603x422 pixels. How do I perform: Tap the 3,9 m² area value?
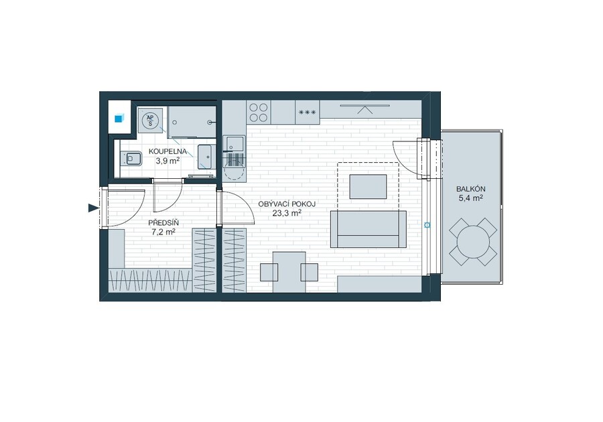click(167, 161)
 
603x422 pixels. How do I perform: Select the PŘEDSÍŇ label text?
click(163, 223)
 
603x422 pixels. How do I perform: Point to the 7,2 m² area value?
click(163, 232)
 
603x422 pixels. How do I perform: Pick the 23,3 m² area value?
click(287, 213)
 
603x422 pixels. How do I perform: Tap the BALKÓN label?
click(471, 189)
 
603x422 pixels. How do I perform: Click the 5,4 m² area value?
click(471, 198)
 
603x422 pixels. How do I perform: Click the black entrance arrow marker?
click(93, 208)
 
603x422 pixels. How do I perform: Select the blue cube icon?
click(119, 118)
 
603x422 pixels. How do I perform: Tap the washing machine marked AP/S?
click(150, 119)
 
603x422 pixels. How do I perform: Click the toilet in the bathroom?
click(131, 158)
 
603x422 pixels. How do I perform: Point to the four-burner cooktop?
click(259, 113)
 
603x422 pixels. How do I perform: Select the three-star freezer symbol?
click(308, 113)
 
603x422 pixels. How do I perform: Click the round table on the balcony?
click(473, 242)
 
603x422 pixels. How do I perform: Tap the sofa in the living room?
click(368, 229)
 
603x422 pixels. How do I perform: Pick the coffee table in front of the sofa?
click(368, 187)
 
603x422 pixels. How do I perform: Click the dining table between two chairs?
click(289, 272)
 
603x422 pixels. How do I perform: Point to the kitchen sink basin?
click(234, 143)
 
